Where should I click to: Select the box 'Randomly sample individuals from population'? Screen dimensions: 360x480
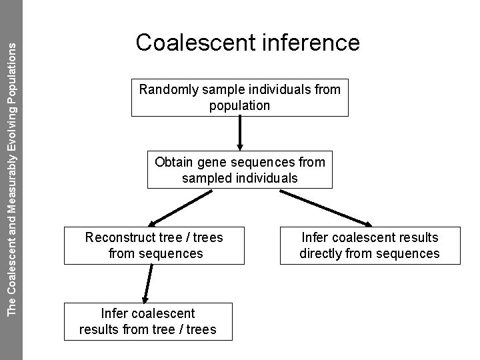239,97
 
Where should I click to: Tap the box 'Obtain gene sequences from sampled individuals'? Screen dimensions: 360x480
239,170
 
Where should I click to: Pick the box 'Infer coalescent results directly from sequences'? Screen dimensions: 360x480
369,245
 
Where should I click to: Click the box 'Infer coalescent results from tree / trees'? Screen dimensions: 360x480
147,321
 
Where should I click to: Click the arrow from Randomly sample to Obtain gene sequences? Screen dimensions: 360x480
239,133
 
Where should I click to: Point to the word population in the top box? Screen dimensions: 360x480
239,105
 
